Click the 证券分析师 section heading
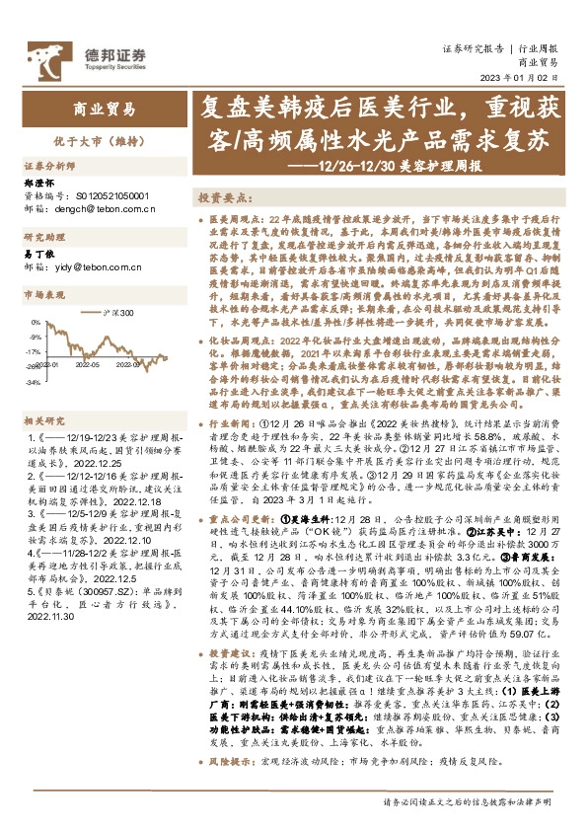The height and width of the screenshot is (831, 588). tap(49, 167)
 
